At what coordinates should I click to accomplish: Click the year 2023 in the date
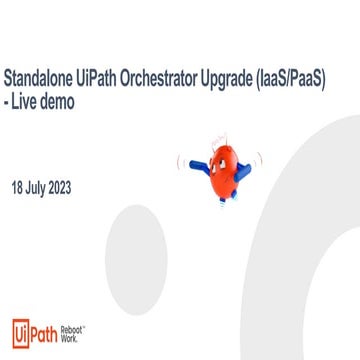coord(74,187)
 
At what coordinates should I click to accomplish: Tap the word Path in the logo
coord(49,331)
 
